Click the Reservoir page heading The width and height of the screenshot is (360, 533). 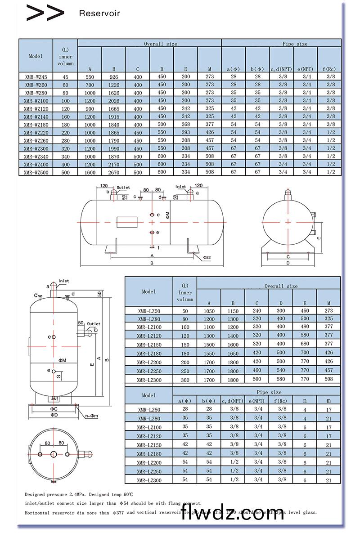click(x=99, y=13)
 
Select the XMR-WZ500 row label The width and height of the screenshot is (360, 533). click(x=36, y=172)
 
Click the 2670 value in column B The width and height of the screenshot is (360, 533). click(x=114, y=172)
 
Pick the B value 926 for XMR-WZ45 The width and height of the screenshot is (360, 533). click(x=114, y=77)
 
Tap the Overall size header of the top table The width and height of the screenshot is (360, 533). click(x=160, y=44)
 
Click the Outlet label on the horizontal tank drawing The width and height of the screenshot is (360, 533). click(x=123, y=187)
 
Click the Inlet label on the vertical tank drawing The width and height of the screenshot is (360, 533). click(x=63, y=281)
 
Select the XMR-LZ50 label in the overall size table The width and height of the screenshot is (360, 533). click(x=148, y=311)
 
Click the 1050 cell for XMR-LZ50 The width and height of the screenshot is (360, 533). click(x=209, y=311)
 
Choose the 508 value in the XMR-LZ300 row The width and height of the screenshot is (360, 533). click(x=328, y=379)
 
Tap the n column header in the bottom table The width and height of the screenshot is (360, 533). click(x=305, y=400)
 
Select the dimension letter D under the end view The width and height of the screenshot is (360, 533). click(x=288, y=263)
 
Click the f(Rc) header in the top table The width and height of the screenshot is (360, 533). click(x=329, y=69)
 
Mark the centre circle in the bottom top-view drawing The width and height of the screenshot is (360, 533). click(x=54, y=455)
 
